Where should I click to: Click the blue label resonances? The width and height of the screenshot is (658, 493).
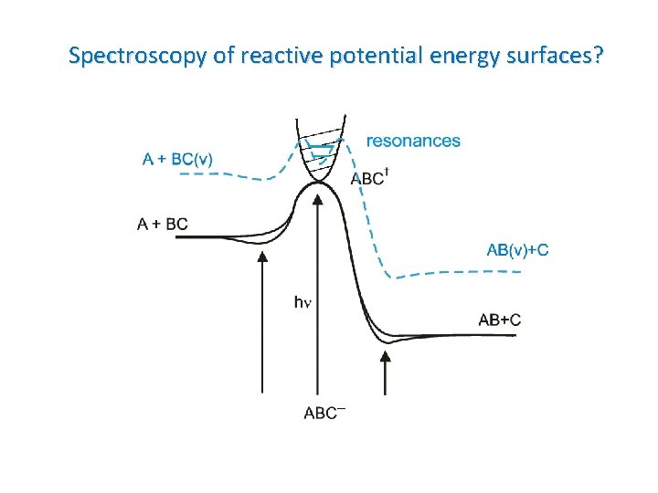pos(413,141)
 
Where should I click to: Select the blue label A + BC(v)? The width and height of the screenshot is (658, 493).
pos(178,159)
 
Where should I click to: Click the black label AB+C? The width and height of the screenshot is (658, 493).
pos(500,320)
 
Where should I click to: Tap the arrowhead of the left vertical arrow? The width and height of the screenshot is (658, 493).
pos(262,257)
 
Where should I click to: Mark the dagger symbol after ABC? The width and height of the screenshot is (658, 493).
pos(387,173)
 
